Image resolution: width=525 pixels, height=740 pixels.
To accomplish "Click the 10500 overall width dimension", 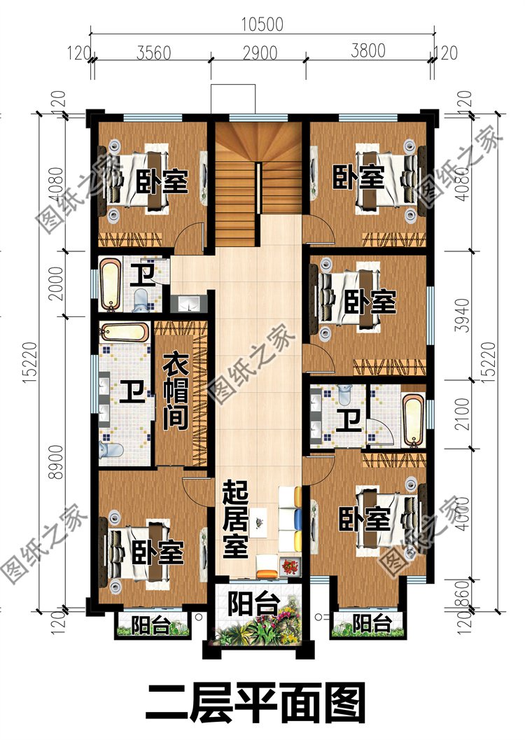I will (262, 24).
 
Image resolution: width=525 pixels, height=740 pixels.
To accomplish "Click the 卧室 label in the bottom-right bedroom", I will (365, 519).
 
